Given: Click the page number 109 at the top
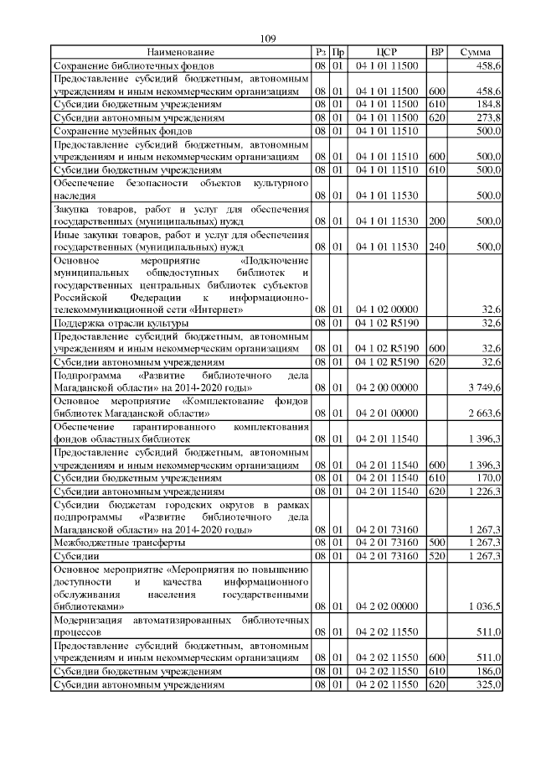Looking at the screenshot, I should click(x=268, y=38).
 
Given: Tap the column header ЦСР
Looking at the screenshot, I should click(x=386, y=52).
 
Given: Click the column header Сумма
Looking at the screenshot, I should click(x=475, y=52).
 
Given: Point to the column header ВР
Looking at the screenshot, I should click(x=436, y=52).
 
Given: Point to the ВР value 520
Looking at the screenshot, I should click(x=436, y=556).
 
